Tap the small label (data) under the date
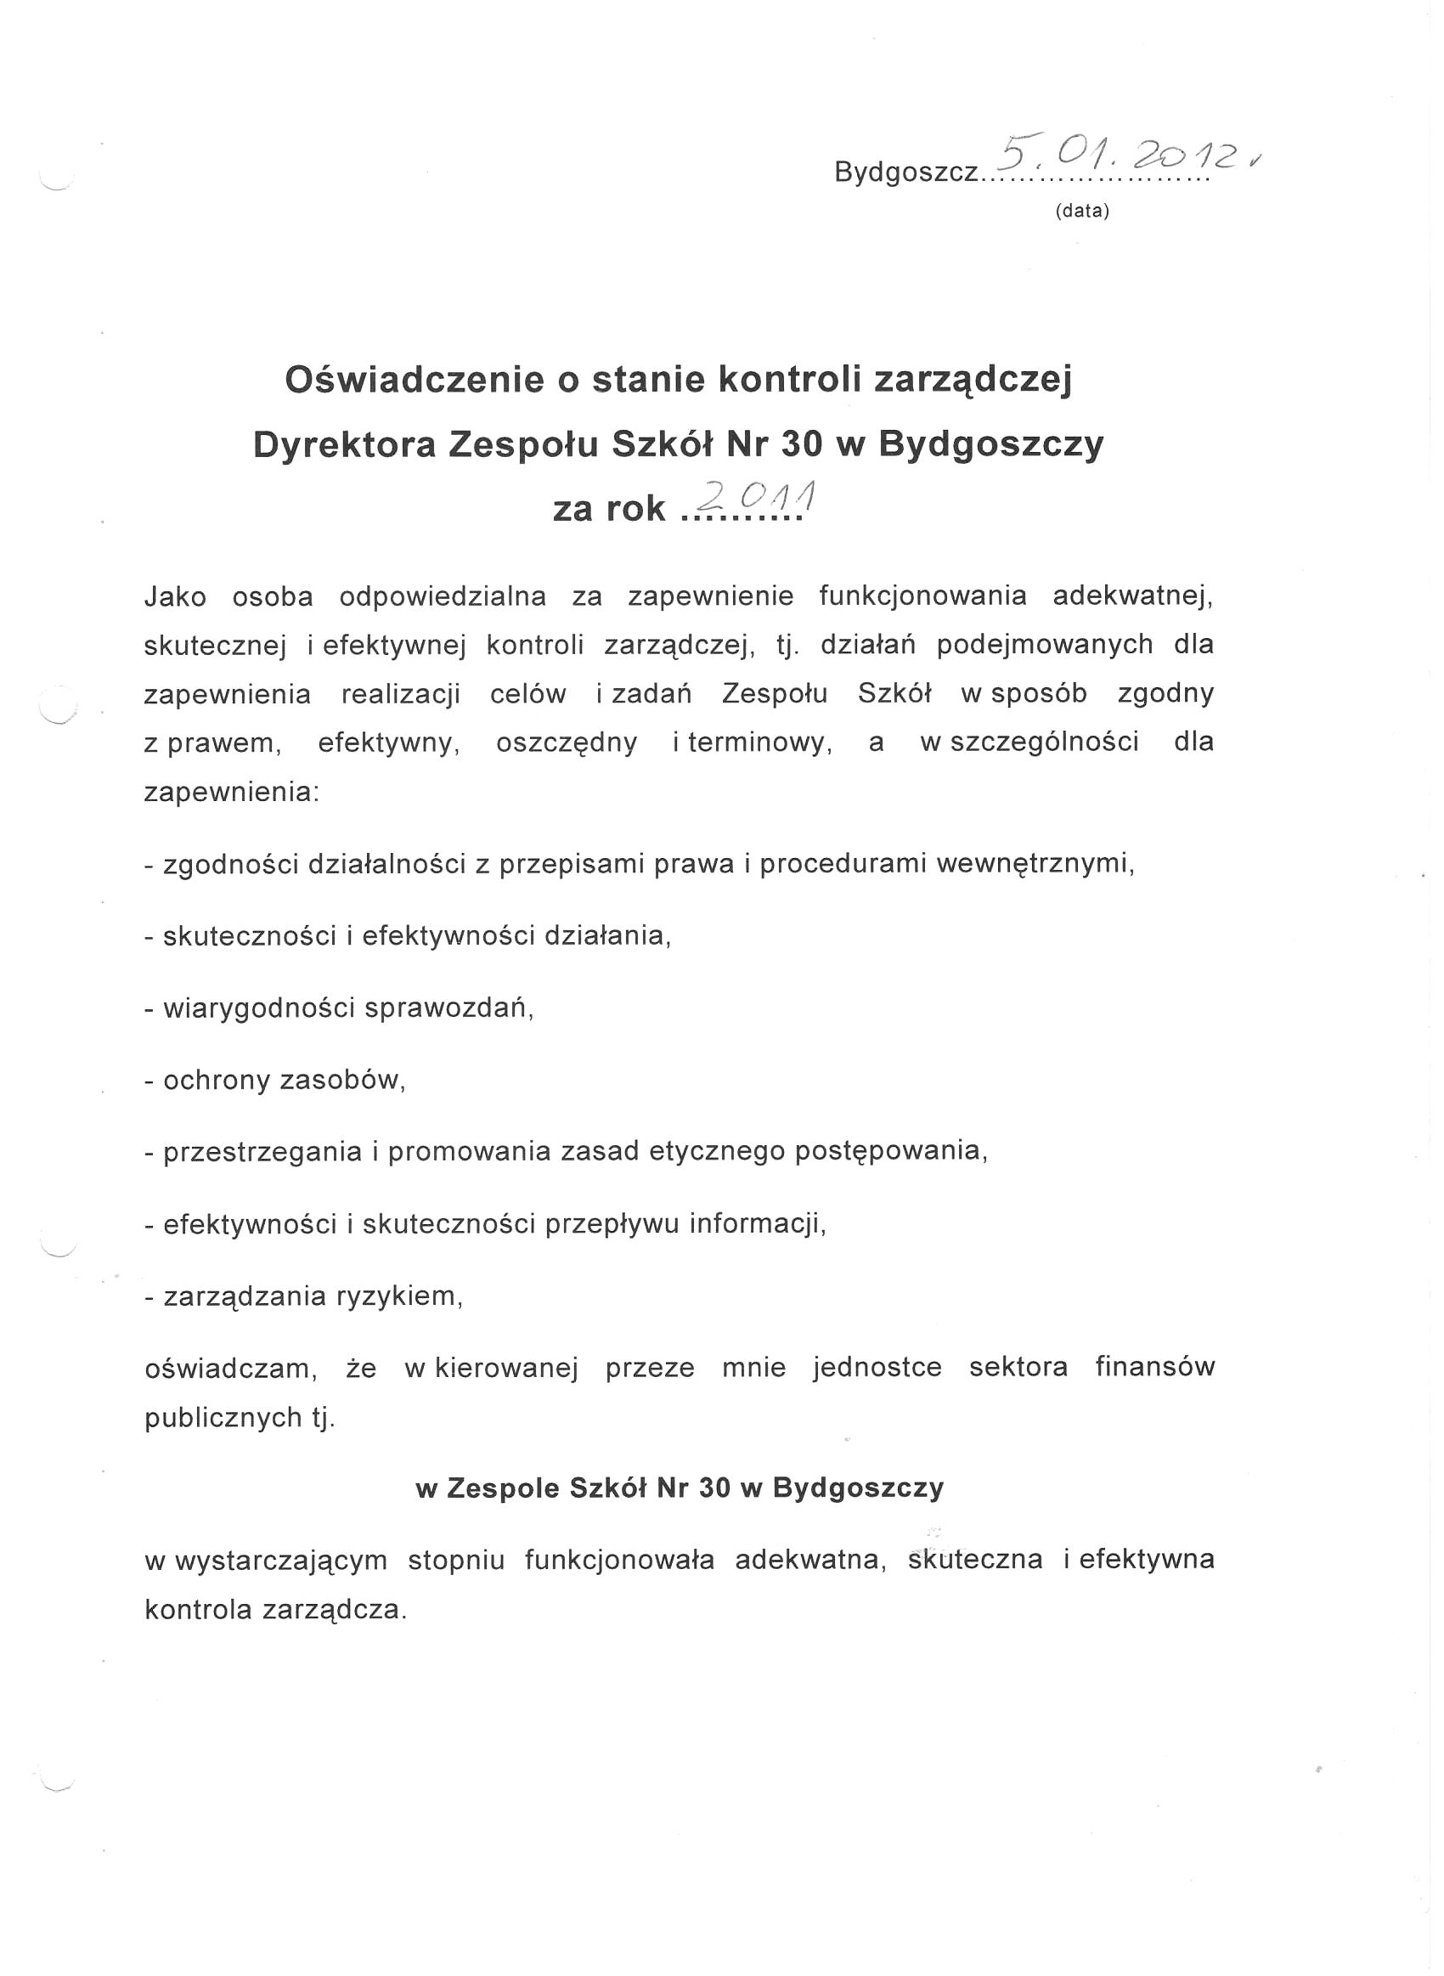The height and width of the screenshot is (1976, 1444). pyautogui.click(x=1082, y=211)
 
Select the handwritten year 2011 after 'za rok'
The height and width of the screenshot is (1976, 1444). pyautogui.click(x=757, y=500)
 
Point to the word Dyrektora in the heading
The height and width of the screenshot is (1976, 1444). pyautogui.click(x=344, y=445)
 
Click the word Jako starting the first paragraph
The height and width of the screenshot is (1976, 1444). pyautogui.click(x=175, y=597)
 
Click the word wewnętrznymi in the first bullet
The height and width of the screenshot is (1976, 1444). pyautogui.click(x=1035, y=864)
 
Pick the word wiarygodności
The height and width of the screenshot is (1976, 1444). pyautogui.click(x=259, y=1008)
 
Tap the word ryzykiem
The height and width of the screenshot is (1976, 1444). pyautogui.click(x=398, y=1296)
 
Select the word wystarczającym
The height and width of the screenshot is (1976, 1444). pyautogui.click(x=280, y=1561)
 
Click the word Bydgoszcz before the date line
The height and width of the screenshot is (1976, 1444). pyautogui.click(x=906, y=172)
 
